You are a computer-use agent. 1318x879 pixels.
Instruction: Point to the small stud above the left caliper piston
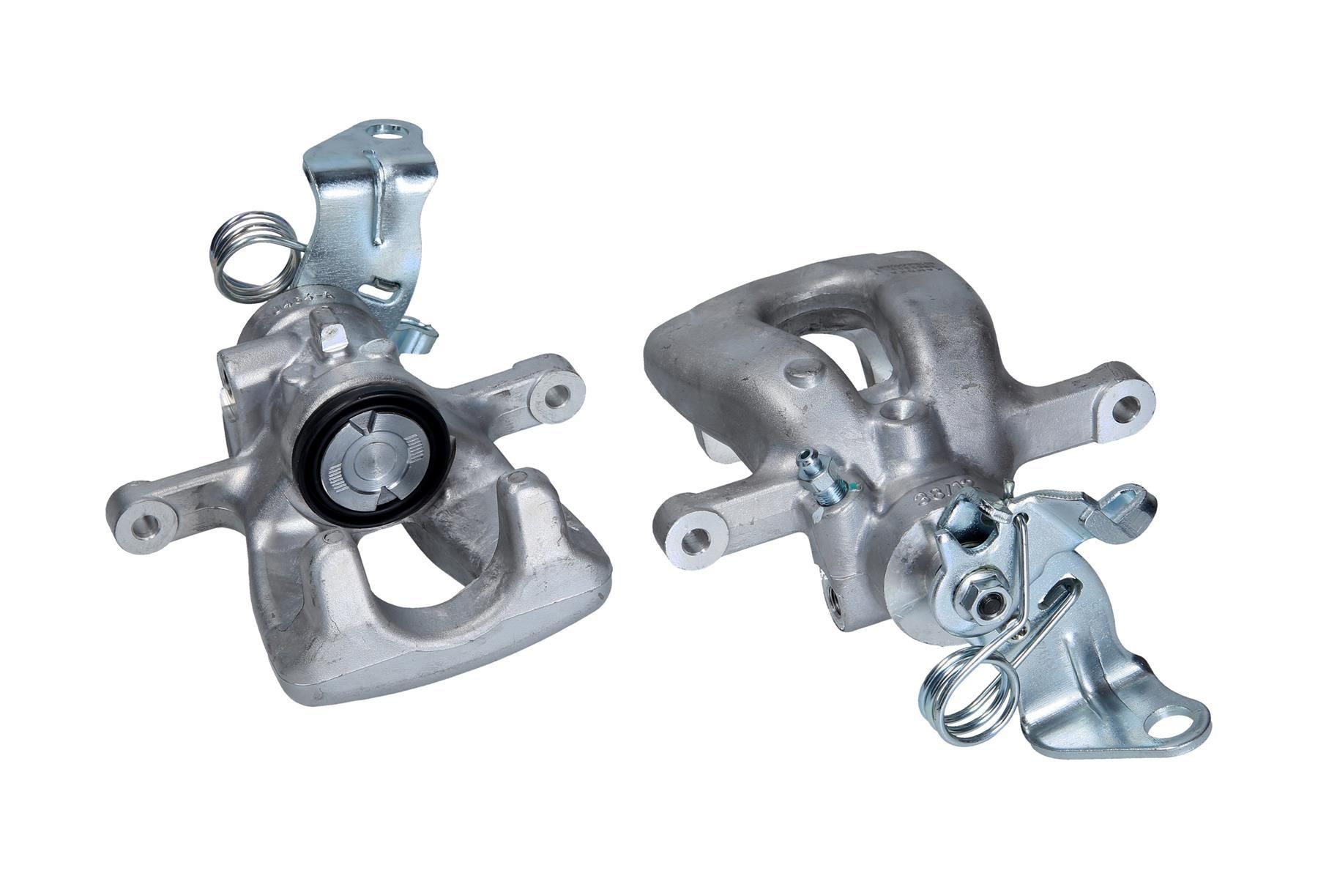331,335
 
